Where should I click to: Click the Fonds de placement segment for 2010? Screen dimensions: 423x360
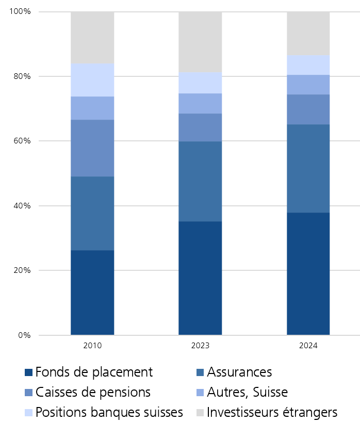[x=92, y=292]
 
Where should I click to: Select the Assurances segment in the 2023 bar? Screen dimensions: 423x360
[x=200, y=181]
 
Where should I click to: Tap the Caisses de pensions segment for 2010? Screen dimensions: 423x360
[x=92, y=148]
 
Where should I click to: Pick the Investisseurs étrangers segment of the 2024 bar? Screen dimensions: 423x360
[x=308, y=34]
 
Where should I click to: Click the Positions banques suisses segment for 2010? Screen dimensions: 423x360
[x=92, y=80]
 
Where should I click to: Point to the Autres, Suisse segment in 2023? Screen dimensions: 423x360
[x=200, y=103]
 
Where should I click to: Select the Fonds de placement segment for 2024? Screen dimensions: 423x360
[x=308, y=273]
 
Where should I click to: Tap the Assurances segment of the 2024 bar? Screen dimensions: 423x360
[x=308, y=168]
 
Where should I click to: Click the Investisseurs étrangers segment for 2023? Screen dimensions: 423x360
[x=200, y=42]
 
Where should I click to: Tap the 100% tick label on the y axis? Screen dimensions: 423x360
[x=20, y=11]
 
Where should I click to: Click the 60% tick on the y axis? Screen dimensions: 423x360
[x=22, y=141]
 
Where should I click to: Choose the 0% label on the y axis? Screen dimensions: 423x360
[x=24, y=335]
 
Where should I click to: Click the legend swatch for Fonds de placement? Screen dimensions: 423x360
[x=29, y=372]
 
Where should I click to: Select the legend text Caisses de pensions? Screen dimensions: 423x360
[x=93, y=392]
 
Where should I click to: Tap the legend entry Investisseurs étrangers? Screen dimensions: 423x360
[x=272, y=412]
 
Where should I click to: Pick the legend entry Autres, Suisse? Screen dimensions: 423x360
[x=247, y=392]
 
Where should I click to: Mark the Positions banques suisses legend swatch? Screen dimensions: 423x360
[x=29, y=413]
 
